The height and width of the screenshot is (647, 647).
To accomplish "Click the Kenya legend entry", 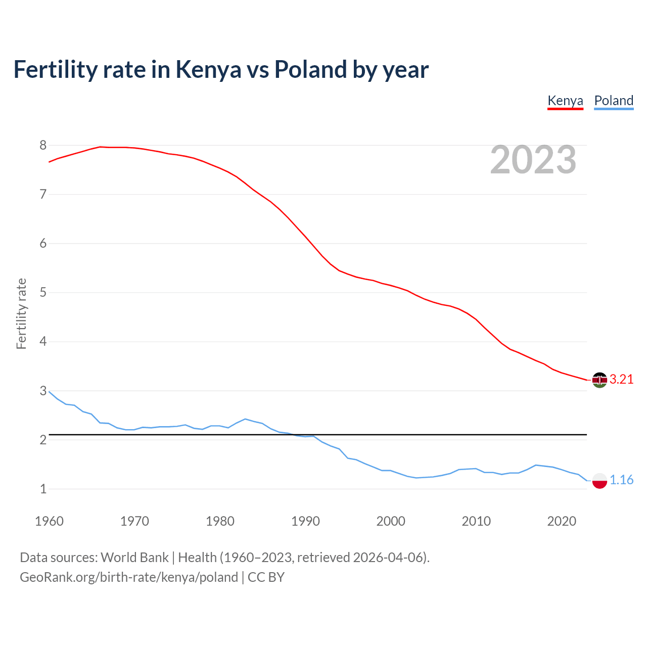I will (565, 101).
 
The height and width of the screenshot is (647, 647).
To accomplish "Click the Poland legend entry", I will (614, 101).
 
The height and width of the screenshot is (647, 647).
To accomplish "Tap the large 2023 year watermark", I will (533, 160).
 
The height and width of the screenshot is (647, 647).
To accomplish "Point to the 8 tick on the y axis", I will (43, 146).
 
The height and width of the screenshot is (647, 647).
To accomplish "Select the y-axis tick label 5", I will (43, 293).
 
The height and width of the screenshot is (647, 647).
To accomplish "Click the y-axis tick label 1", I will (43, 489).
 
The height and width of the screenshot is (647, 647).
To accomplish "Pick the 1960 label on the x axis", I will (49, 521).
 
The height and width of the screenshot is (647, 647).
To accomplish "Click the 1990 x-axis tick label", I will (305, 521).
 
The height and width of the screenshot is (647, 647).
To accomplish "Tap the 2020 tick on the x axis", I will (562, 521).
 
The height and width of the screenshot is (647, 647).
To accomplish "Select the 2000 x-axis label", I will (391, 521).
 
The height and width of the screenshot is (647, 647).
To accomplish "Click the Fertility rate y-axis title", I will (21, 313).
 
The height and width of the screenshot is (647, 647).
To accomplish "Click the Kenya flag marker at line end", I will (599, 380).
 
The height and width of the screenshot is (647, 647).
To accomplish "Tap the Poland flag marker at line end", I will (599, 480).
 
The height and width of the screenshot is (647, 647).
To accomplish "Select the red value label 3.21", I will (621, 380).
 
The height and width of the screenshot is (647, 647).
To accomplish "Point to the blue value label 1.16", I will (621, 480).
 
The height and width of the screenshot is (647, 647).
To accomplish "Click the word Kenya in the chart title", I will (208, 70).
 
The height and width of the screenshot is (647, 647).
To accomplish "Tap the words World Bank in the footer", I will (134, 558).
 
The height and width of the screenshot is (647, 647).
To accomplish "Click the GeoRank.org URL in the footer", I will (128, 577).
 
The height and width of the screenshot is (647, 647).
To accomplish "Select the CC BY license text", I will (266, 577).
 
